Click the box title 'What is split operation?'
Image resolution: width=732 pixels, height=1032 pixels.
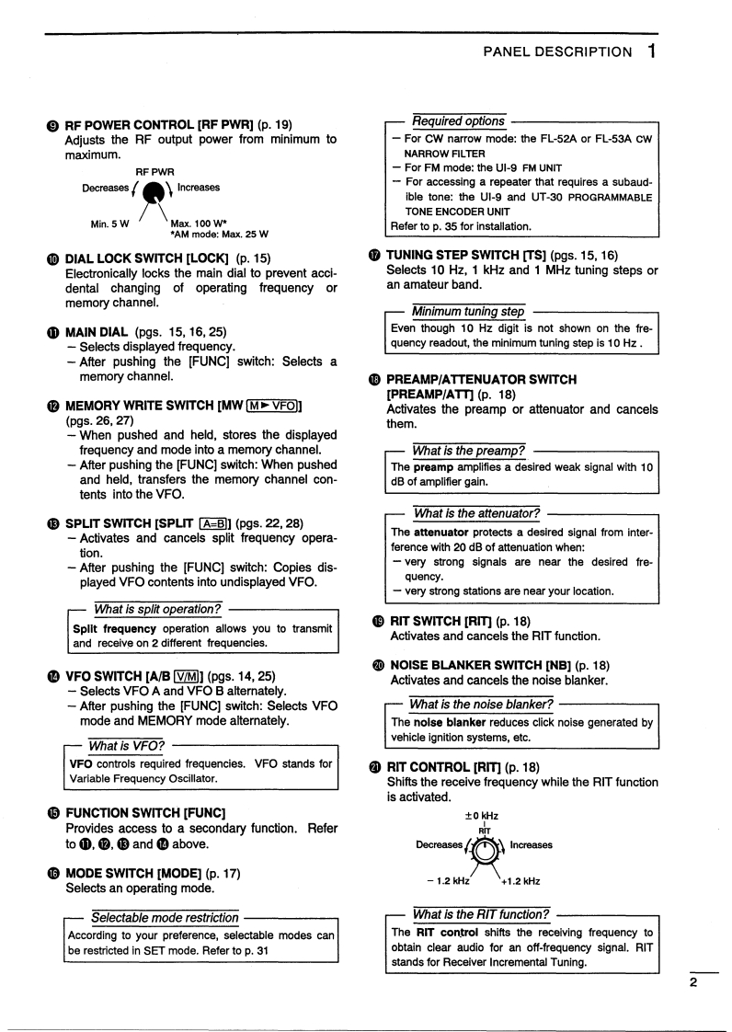point(157,609)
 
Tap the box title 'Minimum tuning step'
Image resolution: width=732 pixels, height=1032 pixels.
point(468,312)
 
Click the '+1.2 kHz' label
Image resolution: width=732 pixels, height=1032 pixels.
point(520,880)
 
